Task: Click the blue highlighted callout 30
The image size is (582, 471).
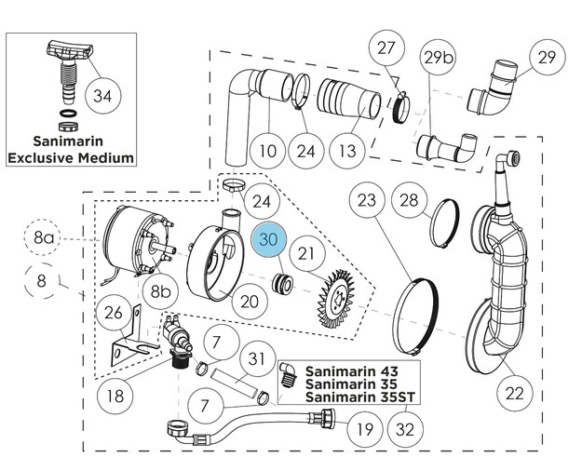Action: pyautogui.click(x=270, y=239)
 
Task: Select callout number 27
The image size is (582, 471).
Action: pyautogui.click(x=386, y=48)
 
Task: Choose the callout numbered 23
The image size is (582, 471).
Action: pyautogui.click(x=367, y=200)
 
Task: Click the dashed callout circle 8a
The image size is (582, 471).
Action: pyautogui.click(x=45, y=240)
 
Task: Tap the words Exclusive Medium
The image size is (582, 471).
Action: pyautogui.click(x=71, y=157)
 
